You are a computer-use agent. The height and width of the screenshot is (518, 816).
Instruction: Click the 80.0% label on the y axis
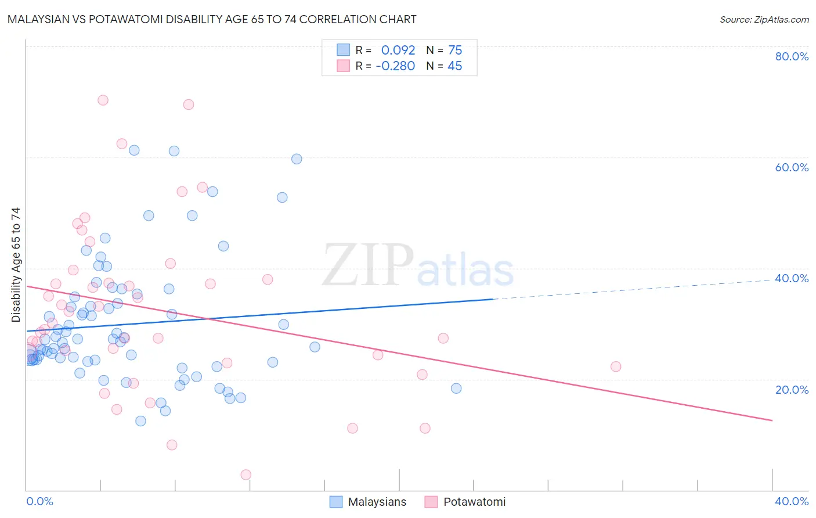[x=792, y=56]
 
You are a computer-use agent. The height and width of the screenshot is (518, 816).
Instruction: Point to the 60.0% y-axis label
[x=792, y=167]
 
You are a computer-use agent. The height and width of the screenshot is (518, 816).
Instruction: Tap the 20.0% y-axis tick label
[x=792, y=390]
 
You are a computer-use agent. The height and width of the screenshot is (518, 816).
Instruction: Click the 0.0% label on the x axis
[x=39, y=501]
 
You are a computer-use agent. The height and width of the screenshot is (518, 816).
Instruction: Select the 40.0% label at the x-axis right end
[x=792, y=501]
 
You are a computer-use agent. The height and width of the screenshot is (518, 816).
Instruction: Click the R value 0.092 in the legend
[x=398, y=51]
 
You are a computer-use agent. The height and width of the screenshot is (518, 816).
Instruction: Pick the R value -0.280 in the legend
[x=395, y=66]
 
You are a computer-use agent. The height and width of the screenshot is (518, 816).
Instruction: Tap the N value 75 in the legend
[x=455, y=51]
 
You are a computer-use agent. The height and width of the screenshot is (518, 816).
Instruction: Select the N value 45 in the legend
[x=455, y=66]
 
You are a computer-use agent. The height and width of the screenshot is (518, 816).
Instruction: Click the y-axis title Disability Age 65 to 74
[x=16, y=265]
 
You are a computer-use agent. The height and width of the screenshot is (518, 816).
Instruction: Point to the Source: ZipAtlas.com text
[x=764, y=20]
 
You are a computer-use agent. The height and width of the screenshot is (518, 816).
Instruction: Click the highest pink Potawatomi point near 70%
[x=103, y=100]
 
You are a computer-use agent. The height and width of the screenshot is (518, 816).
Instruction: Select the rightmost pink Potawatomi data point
[x=616, y=366]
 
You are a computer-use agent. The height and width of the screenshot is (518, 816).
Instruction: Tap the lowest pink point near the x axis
[x=245, y=474]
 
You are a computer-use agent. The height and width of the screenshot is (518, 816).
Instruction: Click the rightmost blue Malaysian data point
[x=456, y=388]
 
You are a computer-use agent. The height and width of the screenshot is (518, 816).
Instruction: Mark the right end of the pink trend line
[x=772, y=420]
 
